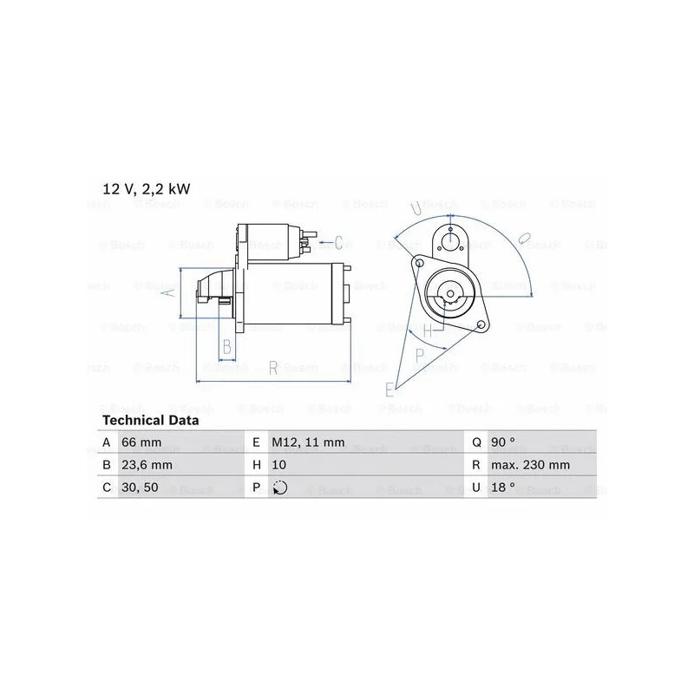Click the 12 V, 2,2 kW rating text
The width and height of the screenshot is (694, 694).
pyautogui.click(x=146, y=189)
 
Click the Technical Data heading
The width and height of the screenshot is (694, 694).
pyautogui.click(x=150, y=420)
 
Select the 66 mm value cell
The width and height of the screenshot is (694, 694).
pyautogui.click(x=141, y=442)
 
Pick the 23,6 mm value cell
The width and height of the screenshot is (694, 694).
pyautogui.click(x=147, y=465)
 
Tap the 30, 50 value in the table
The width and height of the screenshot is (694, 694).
pyautogui.click(x=140, y=488)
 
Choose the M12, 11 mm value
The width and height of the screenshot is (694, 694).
pyautogui.click(x=308, y=442)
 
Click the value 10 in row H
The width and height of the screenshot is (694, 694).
pyautogui.click(x=278, y=465)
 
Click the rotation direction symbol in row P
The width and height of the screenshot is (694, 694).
pyautogui.click(x=279, y=488)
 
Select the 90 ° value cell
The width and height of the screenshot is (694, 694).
pyautogui.click(x=503, y=442)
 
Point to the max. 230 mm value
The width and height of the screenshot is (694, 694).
pyautogui.click(x=530, y=465)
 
